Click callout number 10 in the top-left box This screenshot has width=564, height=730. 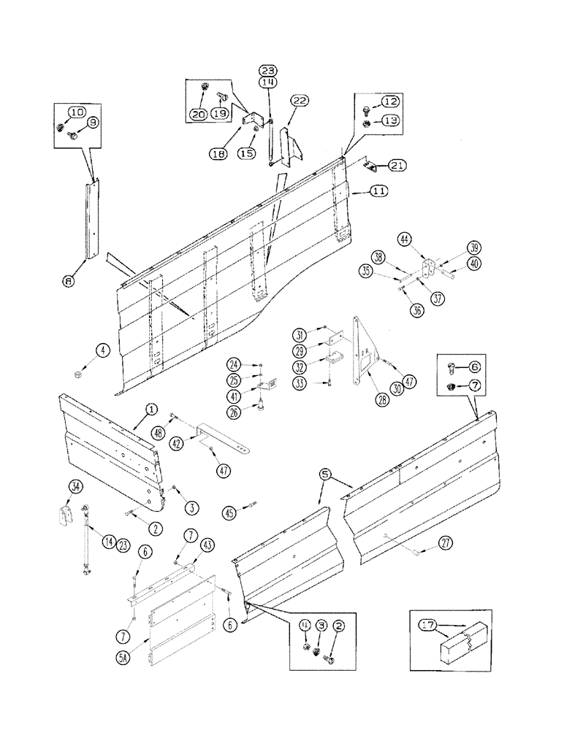click(x=77, y=112)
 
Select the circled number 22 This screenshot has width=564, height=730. click(x=300, y=101)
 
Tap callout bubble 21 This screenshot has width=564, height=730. click(x=397, y=166)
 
